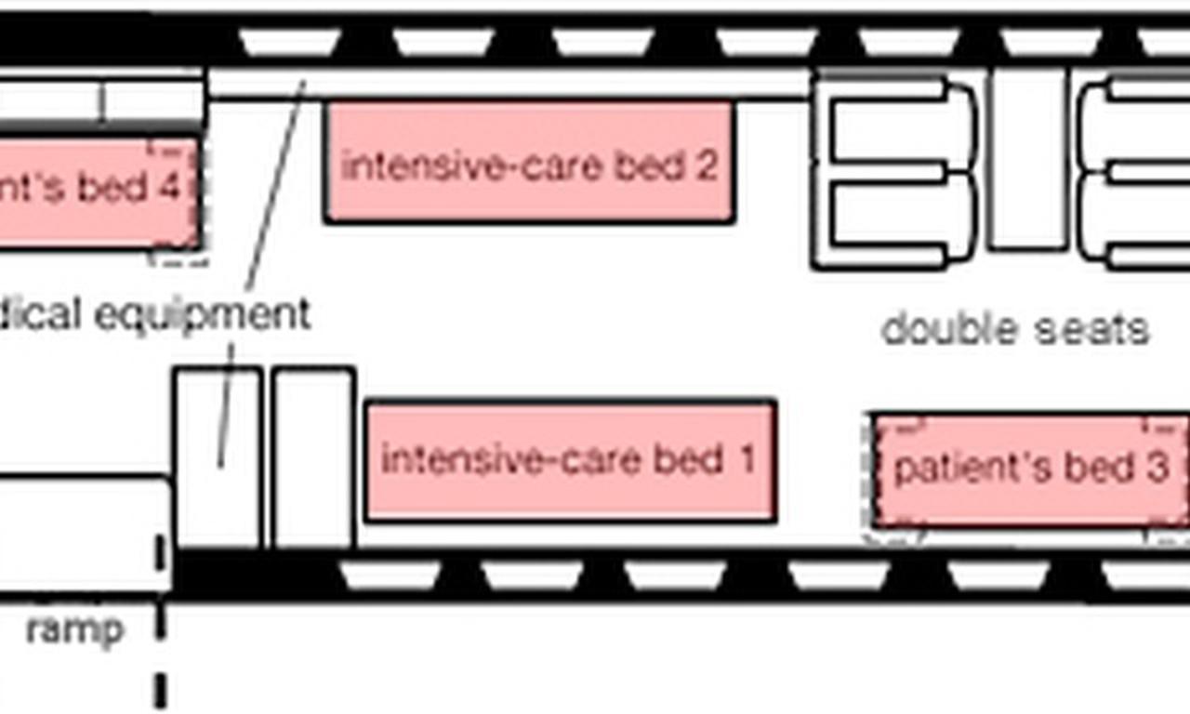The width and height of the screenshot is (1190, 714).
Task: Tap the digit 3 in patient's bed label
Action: click(1156, 468)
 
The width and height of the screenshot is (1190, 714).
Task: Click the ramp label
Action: click(74, 630)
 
